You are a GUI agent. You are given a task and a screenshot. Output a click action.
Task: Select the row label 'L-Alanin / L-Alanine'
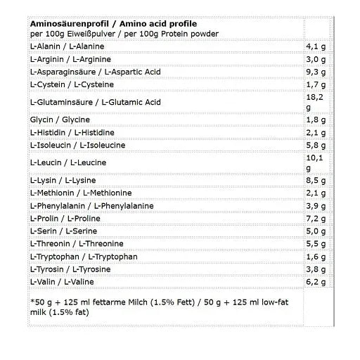(x=67, y=46)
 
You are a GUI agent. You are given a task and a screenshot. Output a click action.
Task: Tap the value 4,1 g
(x=317, y=46)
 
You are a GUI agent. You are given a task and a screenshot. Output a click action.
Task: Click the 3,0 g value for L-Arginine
(x=317, y=59)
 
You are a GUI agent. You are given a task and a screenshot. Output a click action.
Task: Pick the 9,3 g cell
(x=317, y=72)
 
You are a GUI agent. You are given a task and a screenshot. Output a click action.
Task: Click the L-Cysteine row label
(x=70, y=84)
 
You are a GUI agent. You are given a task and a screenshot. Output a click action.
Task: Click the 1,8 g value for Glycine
(x=317, y=120)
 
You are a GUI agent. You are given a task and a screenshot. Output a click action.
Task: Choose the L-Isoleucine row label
(x=77, y=145)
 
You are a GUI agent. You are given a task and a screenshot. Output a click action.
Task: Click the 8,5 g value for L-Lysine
(x=317, y=181)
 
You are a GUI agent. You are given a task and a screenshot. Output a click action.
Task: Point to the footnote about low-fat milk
(x=165, y=307)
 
